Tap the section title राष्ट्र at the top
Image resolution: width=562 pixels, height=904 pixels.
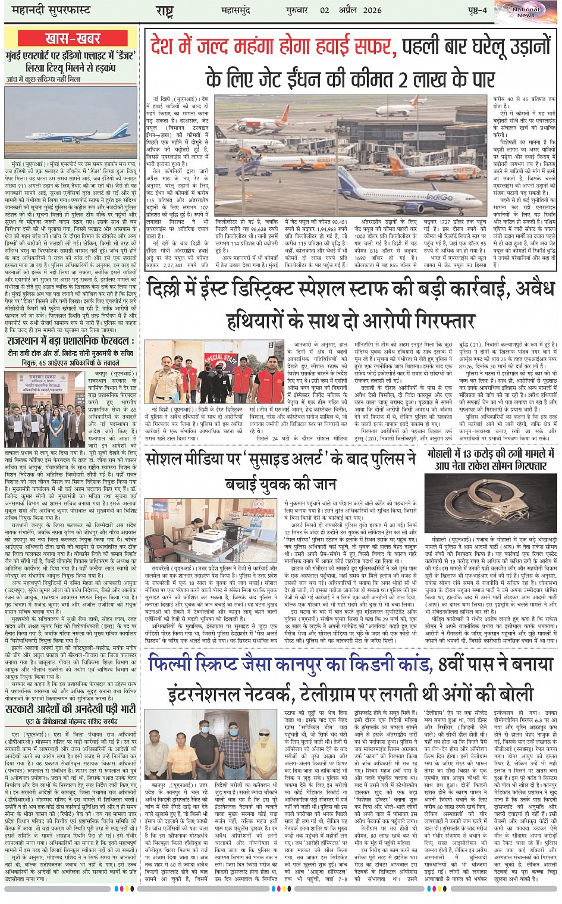164,10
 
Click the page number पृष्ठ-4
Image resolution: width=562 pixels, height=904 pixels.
476,10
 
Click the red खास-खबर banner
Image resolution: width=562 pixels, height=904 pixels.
73,39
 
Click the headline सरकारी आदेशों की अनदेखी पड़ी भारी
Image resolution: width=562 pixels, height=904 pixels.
71,709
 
